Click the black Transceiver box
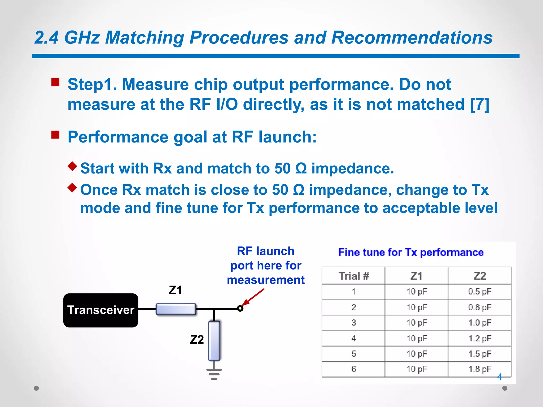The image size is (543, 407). tap(101, 310)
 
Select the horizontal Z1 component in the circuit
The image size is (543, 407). tap(176, 309)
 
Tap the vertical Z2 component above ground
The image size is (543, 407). tap(214, 341)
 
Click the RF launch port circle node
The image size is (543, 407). tap(240, 308)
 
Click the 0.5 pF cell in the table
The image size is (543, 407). tap(479, 292)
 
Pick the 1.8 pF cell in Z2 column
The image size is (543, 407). tap(479, 369)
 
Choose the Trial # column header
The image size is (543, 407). tap(353, 276)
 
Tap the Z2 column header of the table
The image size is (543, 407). tap(479, 276)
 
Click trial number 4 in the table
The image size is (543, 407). tap(353, 338)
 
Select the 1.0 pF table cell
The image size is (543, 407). tap(479, 323)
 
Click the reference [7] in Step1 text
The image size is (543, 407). tap(479, 104)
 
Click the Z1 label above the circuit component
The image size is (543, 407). tap(175, 290)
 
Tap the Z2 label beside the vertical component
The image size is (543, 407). tap(197, 339)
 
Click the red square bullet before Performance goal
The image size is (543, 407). tap(55, 135)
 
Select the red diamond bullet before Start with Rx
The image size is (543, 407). tap(72, 166)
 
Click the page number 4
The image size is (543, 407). tap(499, 377)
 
